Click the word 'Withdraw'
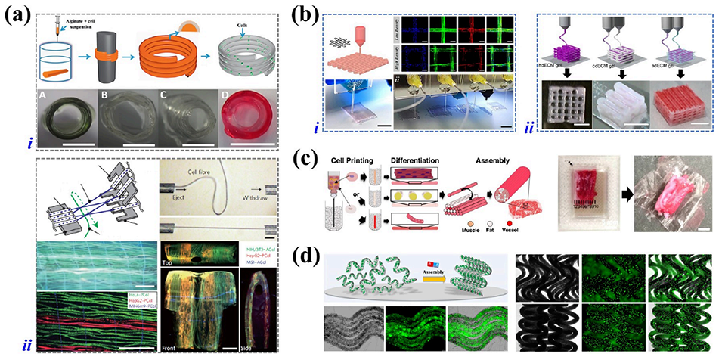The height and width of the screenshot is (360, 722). coord(272,185)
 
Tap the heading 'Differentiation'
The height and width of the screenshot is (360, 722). coord(407,160)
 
